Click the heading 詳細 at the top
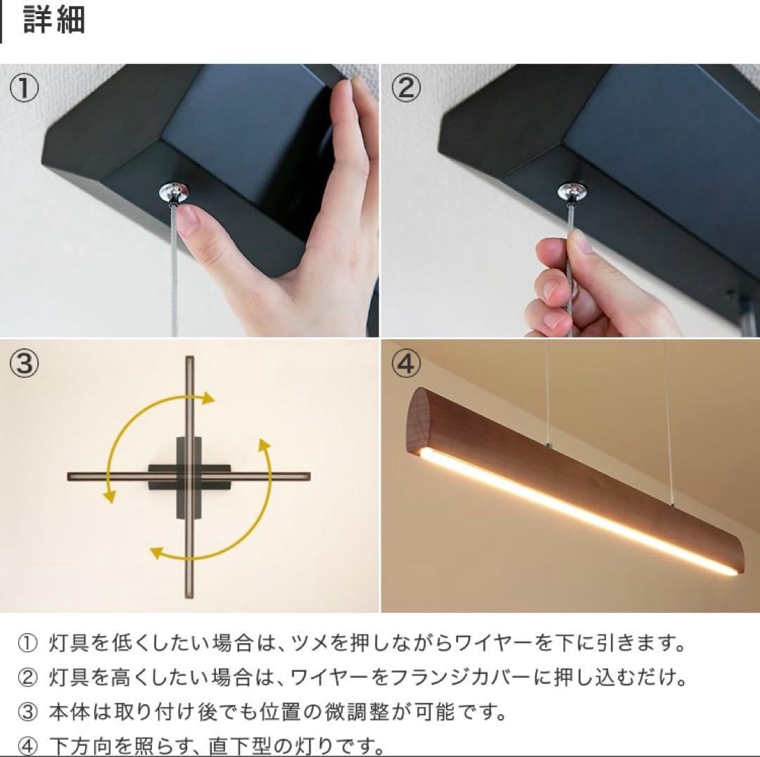[54, 20]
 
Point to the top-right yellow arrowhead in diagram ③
[208, 399]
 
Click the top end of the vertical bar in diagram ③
[189, 362]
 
